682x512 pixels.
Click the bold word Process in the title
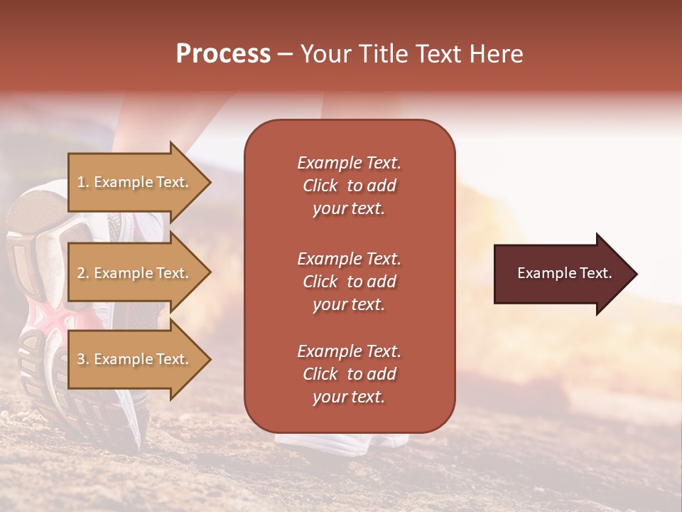pos(223,54)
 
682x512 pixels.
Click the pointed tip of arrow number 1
pos(208,182)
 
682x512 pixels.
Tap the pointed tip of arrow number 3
pos(208,359)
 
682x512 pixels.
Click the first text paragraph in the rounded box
pos(349,186)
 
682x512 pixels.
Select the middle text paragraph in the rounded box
pos(349,282)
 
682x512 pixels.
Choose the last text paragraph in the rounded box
pos(349,374)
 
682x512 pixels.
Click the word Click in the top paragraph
pos(320,186)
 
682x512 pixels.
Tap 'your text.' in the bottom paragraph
pos(349,398)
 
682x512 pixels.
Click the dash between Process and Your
pos(285,55)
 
